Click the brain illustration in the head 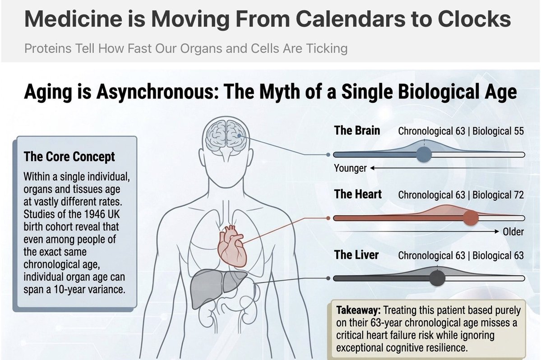(226, 138)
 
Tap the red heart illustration (232, 245)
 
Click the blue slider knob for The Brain (424, 154)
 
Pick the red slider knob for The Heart (471, 218)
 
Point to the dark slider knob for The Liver (437, 278)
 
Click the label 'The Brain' (357, 130)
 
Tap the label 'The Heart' (358, 194)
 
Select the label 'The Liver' (356, 255)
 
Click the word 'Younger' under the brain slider (350, 168)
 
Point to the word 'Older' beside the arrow (513, 232)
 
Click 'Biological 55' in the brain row (498, 131)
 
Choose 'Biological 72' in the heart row (498, 195)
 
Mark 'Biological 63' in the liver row (498, 255)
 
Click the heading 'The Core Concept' (69, 157)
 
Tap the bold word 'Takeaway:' (358, 310)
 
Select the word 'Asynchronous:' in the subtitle (157, 92)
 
